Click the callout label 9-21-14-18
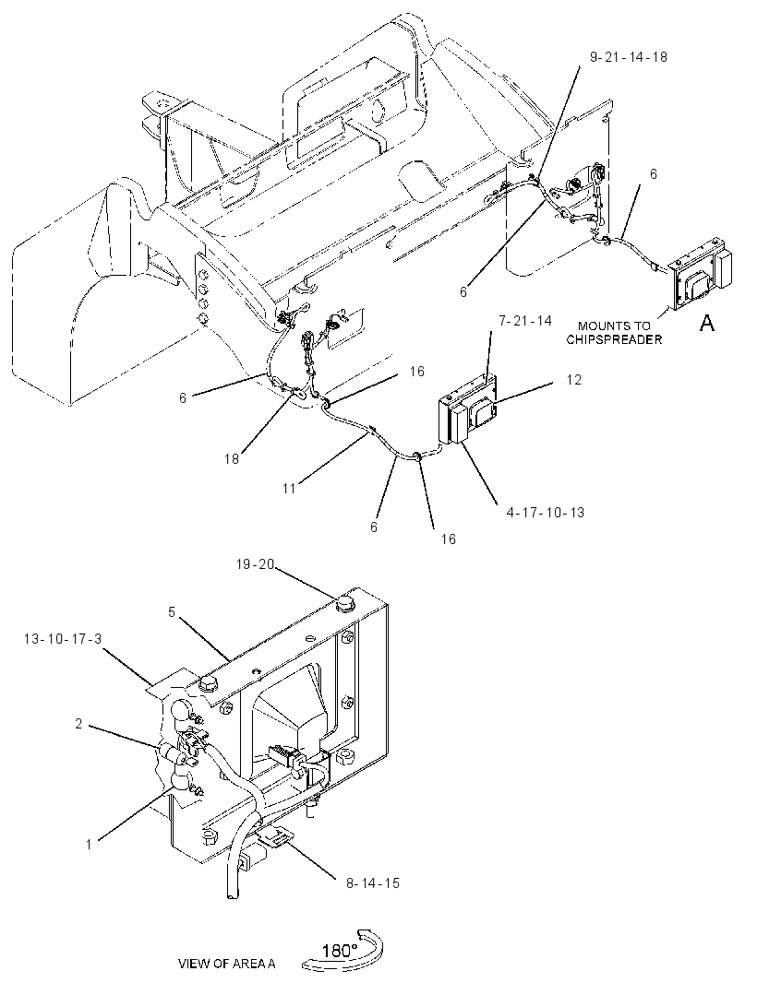629,57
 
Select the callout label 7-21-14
525,321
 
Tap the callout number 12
573,380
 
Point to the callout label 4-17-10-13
546,513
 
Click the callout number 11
289,488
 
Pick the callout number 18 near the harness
232,459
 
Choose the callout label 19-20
256,565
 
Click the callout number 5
172,612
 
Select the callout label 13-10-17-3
63,639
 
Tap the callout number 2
78,724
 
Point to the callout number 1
89,845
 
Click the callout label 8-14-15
372,883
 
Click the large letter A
707,323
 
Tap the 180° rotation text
340,951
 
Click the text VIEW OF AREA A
226,964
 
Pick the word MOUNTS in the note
599,326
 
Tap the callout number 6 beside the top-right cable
654,173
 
